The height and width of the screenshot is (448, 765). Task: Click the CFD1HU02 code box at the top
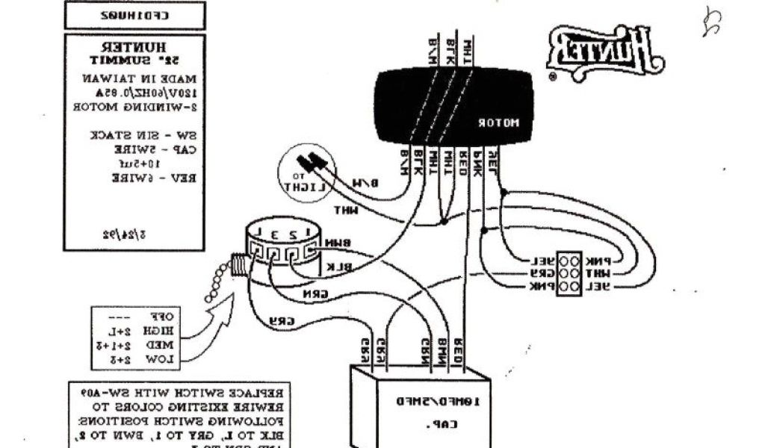(x=135, y=15)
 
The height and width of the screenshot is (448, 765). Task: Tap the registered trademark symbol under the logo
(x=553, y=76)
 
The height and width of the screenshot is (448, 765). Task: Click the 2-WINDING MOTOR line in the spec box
(x=134, y=106)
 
